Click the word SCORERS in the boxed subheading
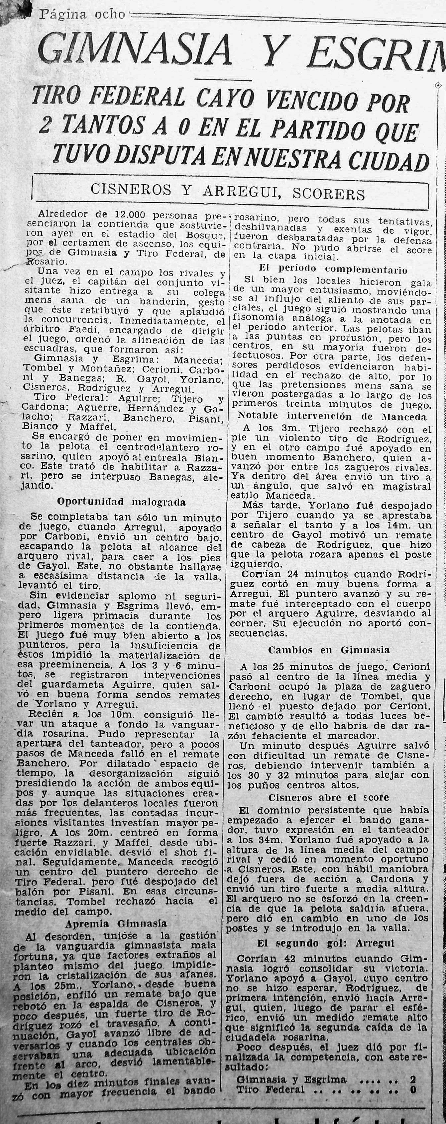(x=328, y=193)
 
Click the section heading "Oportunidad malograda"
(x=121, y=502)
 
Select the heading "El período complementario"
(x=333, y=269)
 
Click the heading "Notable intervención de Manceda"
(x=332, y=416)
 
